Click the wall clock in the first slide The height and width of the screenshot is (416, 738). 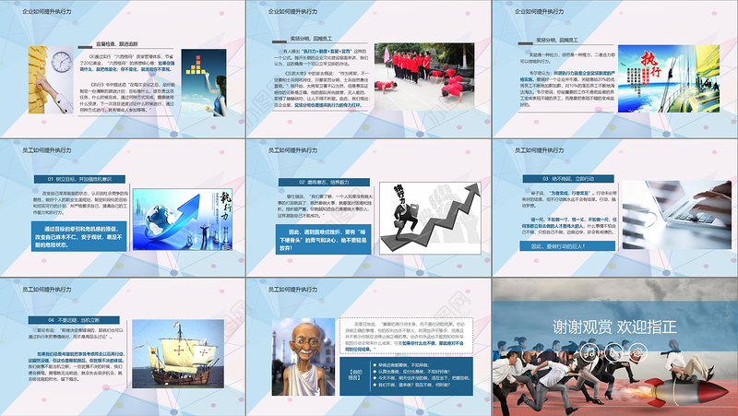point(61,63)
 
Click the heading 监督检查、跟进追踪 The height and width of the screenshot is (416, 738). point(125,43)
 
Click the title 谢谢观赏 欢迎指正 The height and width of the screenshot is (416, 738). point(614,327)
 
